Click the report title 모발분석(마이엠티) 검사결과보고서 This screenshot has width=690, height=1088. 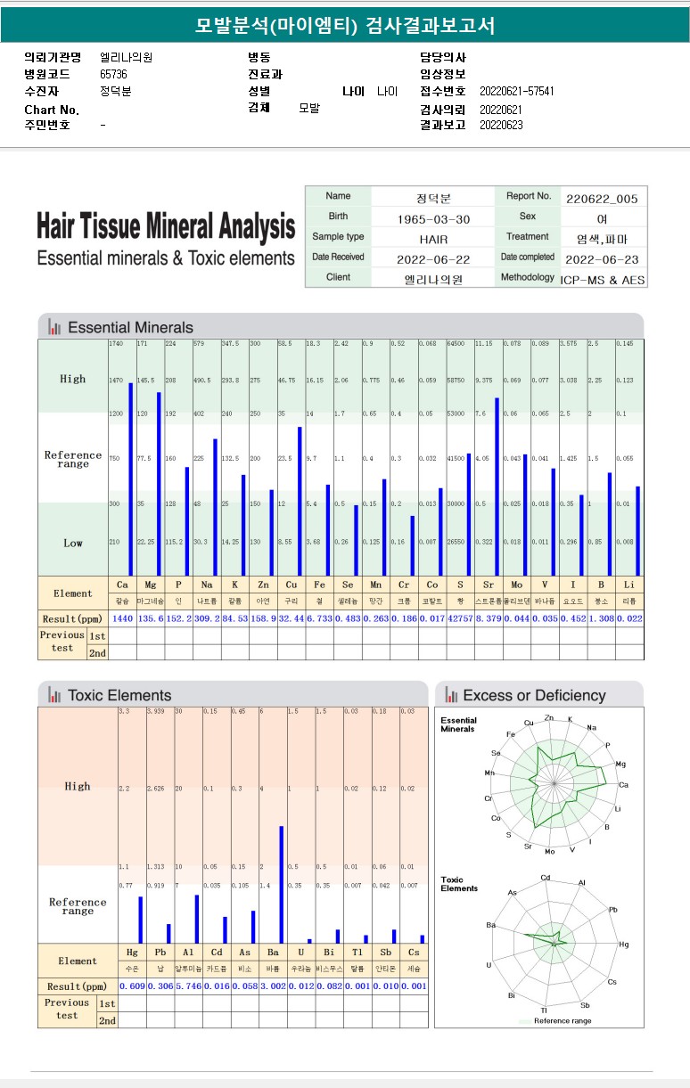pos(344,25)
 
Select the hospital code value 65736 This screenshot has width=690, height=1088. pos(113,75)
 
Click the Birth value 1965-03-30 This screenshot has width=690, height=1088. pos(432,219)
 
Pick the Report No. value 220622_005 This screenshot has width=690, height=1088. pos(602,199)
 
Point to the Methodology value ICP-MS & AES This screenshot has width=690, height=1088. pos(603,279)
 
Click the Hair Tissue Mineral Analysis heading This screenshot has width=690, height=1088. pos(166,227)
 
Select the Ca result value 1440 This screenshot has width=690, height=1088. pos(122,618)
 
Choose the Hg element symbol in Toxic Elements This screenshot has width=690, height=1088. pos(132,953)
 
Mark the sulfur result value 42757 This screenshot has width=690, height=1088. pos(460,618)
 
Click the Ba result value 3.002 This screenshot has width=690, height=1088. pos(273,986)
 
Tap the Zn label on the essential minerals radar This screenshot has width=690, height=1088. pos(548,717)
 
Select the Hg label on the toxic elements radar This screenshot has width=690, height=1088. pos(623,944)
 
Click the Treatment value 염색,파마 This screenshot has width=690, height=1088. pos(602,239)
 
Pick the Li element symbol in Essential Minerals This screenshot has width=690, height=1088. pos(628,585)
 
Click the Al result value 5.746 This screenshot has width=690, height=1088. pos(189,986)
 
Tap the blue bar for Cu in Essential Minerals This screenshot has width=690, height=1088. pos(300,502)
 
